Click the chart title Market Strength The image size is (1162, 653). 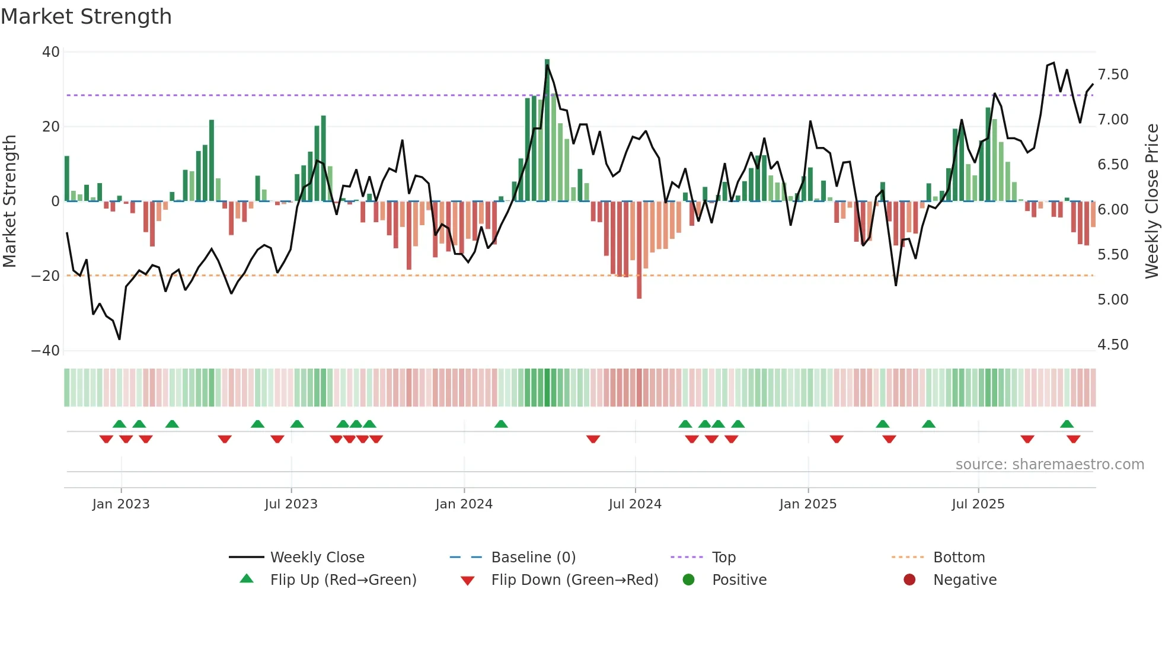coord(86,17)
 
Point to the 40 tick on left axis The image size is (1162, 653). coord(51,52)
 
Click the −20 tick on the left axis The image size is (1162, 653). coord(46,276)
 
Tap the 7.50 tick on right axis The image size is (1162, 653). coord(1113,75)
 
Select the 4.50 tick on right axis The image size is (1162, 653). coord(1113,345)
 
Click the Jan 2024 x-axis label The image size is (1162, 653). coord(464,504)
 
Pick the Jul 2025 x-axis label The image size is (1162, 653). coord(978,504)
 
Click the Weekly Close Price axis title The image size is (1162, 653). coord(1151,201)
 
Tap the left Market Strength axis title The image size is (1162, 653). coord(9,201)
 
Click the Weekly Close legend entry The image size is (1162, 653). coord(317,558)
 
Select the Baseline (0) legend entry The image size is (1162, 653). coord(533,558)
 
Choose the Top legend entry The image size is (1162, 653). coord(723,558)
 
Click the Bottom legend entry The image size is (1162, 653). coord(959,558)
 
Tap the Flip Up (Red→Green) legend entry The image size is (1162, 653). coord(343,580)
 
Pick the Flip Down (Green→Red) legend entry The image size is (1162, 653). coord(574,580)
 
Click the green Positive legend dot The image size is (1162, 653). coord(688,580)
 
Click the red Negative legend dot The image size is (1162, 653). coord(909,580)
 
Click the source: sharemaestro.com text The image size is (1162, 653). coord(1049,465)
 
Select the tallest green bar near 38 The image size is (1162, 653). coord(547,130)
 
